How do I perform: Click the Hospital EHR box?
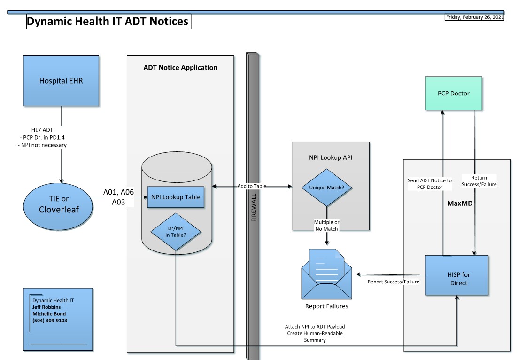tap(61, 80)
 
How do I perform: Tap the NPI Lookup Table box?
tap(176, 197)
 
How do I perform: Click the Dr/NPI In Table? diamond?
tap(175, 231)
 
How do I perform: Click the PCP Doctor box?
tap(453, 94)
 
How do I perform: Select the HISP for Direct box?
tap(456, 275)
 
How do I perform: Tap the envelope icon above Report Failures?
tap(327, 275)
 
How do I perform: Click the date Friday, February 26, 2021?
tap(474, 18)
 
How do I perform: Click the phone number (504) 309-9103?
tap(50, 321)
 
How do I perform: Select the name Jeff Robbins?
tap(46, 307)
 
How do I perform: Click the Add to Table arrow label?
tap(251, 186)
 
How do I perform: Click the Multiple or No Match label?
tap(327, 225)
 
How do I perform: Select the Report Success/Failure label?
tap(393, 282)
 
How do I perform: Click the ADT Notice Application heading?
tap(180, 68)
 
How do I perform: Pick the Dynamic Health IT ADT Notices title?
tap(108, 22)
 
